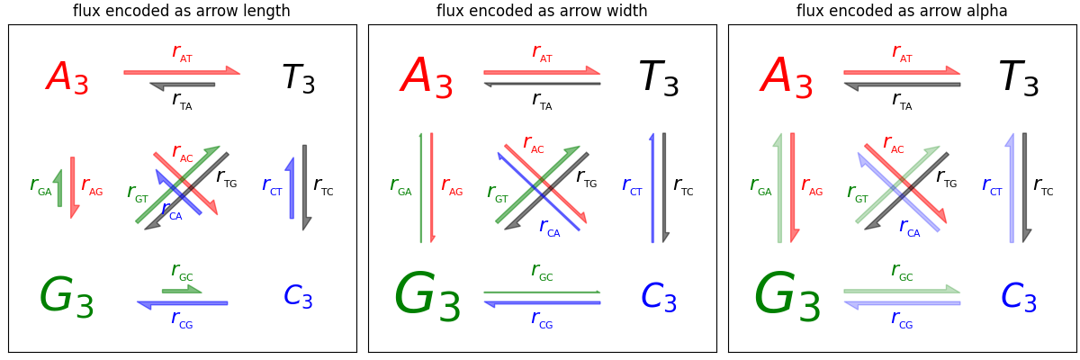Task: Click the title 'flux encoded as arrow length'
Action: [x=182, y=11]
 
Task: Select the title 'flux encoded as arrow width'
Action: [x=542, y=11]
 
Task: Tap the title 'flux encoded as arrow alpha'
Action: [x=902, y=11]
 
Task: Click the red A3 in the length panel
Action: [x=67, y=78]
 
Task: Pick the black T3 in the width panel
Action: [x=659, y=78]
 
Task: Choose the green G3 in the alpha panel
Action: [x=787, y=297]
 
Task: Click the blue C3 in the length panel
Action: [x=298, y=296]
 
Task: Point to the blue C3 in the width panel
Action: [x=659, y=297]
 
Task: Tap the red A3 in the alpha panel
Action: [x=787, y=78]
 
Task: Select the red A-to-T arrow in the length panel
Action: [x=180, y=71]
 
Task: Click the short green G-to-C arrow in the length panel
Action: [x=181, y=290]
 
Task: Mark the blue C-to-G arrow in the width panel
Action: [x=542, y=303]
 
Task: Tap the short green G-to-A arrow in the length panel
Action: [x=59, y=188]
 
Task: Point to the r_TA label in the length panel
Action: [x=182, y=100]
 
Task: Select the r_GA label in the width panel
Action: [x=400, y=186]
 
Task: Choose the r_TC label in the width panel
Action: [x=683, y=186]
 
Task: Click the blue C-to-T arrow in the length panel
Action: [x=291, y=188]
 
